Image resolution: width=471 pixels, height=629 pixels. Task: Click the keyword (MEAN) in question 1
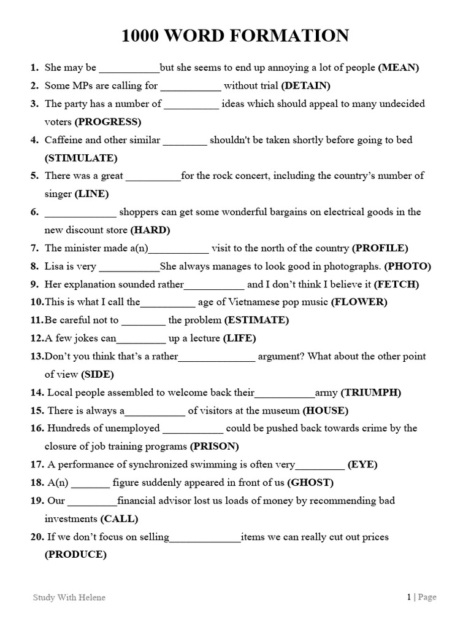398,68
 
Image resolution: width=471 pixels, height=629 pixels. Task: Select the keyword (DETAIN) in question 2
305,85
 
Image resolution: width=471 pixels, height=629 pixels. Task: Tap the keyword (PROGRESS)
108,122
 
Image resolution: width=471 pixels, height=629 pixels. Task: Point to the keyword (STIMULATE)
81,158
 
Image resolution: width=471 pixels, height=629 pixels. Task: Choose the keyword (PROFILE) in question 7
380,248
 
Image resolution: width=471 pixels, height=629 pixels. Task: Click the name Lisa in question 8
55,266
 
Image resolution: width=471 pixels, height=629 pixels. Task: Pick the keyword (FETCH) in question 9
397,284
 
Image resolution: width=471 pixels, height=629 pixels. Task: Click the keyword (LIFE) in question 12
239,338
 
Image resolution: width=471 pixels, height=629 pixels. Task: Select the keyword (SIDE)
98,375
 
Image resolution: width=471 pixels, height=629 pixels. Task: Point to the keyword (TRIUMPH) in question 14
370,393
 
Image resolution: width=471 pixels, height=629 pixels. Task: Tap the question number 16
37,428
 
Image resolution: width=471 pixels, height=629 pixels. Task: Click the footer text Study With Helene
69,598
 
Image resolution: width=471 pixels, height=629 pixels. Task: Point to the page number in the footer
408,597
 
